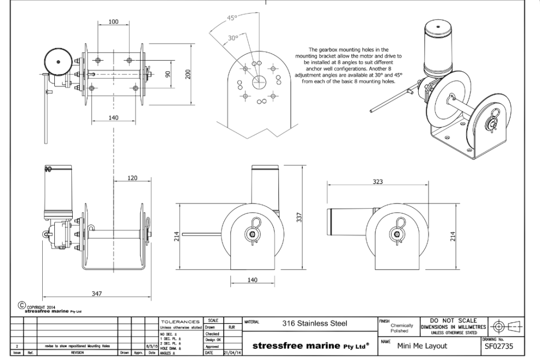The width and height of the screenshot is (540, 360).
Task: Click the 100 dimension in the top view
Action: pos(113,22)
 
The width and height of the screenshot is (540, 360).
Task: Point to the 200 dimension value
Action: pos(187,74)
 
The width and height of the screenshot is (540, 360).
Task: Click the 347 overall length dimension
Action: pos(97,294)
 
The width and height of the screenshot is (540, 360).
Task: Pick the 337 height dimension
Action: pos(299,217)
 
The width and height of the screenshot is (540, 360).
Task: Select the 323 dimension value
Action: pos(378,181)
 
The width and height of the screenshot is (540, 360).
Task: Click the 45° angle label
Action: pos(233,18)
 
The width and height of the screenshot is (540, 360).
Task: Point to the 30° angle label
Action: pos(233,38)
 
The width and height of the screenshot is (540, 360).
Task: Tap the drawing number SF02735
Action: pos(498,346)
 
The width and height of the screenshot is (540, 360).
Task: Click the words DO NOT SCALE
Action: pos(450,320)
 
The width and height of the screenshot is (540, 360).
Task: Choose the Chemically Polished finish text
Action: pos(402,328)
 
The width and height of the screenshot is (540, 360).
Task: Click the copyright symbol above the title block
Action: pos(22,305)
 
